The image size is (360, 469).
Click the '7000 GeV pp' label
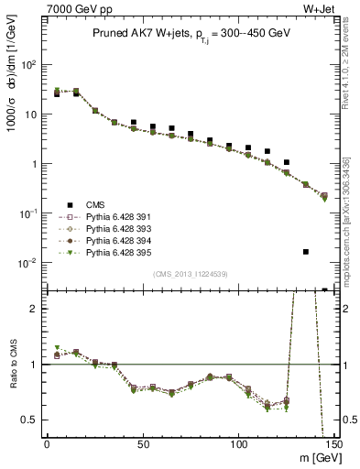point(72,10)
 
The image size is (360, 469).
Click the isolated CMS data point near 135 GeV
point(306,251)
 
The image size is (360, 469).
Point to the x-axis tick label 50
point(142,443)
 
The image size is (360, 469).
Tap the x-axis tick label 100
point(238,443)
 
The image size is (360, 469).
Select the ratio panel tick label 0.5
point(29,420)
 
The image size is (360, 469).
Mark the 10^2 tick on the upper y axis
point(27,65)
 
